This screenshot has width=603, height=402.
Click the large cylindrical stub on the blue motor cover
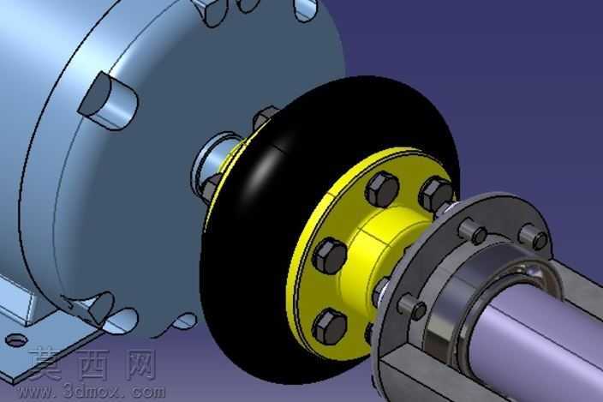[x=108, y=101]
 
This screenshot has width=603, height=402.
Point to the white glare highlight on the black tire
[x=261, y=175]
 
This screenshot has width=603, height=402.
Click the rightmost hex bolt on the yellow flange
[x=435, y=195]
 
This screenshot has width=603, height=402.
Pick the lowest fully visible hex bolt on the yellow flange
[x=330, y=327]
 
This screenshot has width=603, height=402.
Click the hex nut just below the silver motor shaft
[x=212, y=188]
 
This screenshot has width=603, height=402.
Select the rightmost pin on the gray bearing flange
[x=534, y=236]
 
